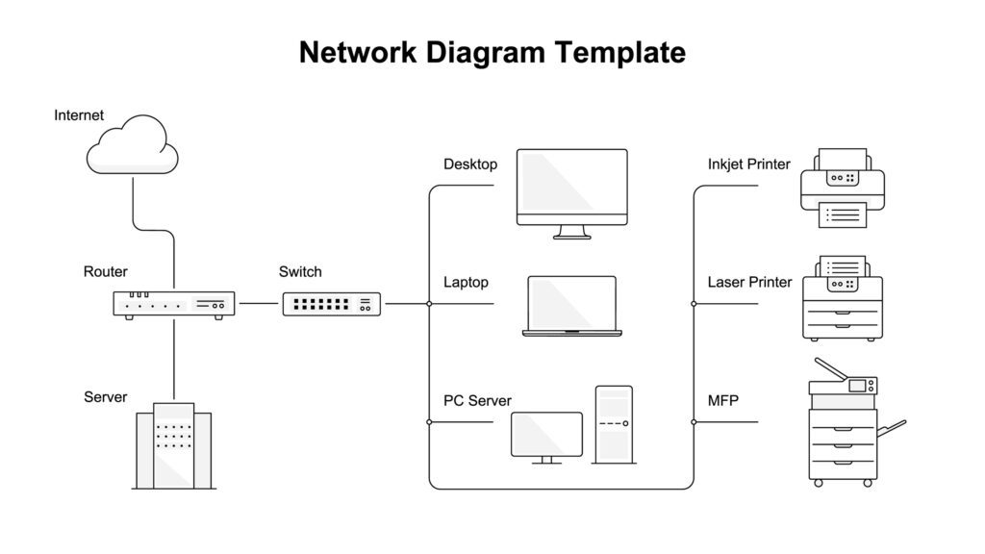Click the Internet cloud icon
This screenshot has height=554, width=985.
(x=133, y=145)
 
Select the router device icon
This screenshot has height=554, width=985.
(x=174, y=304)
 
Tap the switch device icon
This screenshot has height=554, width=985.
(x=332, y=304)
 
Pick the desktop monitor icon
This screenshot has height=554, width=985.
(x=571, y=189)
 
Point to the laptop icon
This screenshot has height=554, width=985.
(x=571, y=306)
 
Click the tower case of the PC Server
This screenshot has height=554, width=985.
(x=614, y=423)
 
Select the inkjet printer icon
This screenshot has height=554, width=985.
(x=843, y=189)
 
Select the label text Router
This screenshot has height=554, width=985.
(x=105, y=272)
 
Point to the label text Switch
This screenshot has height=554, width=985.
(x=300, y=272)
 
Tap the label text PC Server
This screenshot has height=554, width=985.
(x=477, y=400)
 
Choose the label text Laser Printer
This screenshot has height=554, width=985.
(x=749, y=282)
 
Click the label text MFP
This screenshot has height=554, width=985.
(x=722, y=400)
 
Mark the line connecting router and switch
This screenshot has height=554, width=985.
(x=258, y=304)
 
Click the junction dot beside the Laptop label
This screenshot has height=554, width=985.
(x=429, y=304)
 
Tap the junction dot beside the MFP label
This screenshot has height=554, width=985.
(x=694, y=421)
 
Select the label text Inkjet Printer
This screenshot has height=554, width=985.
(x=748, y=164)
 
